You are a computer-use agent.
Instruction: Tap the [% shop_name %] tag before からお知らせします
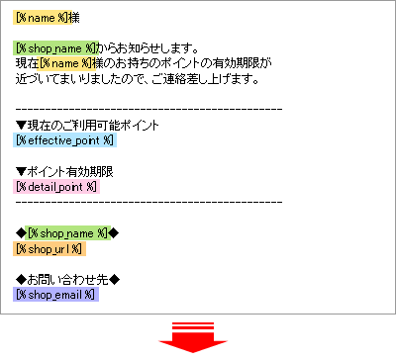[x=56, y=47]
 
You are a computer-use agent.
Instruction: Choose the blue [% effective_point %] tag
[x=65, y=140]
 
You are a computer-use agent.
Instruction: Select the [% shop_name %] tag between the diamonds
[x=67, y=232]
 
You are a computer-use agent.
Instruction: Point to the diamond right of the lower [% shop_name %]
[x=113, y=232]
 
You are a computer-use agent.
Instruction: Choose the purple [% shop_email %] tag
[x=57, y=295]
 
